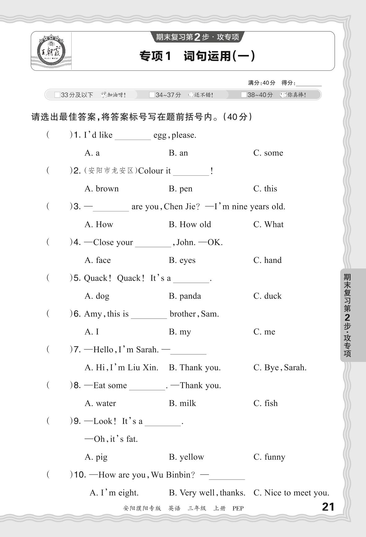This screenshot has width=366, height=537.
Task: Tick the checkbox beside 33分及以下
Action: [x=57, y=95]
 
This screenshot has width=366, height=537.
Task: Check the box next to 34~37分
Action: [x=152, y=95]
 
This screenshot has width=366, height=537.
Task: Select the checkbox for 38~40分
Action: [x=244, y=95]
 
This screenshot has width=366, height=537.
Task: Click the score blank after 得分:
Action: [x=309, y=83]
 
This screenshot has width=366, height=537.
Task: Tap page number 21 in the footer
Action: [x=328, y=507]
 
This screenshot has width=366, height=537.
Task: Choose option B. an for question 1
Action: [x=178, y=153]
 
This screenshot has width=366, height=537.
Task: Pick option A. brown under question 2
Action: [x=102, y=189]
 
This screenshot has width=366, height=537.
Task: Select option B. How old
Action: [x=190, y=224]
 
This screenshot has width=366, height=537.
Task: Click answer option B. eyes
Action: [x=182, y=260]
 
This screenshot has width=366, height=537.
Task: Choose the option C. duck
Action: [x=267, y=296]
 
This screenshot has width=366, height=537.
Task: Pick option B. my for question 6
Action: [x=180, y=332]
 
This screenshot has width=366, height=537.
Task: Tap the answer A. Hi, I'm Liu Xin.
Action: [x=121, y=368]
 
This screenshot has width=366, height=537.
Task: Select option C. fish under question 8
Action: [x=265, y=403]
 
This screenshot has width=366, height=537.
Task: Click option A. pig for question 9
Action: [x=96, y=457]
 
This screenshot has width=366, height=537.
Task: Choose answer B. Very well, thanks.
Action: [x=207, y=493]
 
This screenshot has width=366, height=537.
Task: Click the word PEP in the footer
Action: [x=238, y=508]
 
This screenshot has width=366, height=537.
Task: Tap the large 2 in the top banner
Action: [x=197, y=37]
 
